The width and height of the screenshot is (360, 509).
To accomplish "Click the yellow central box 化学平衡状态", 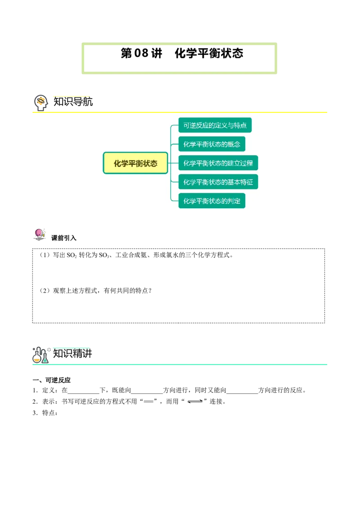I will pyautogui.click(x=135, y=163).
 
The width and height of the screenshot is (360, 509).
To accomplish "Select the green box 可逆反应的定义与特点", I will pyautogui.click(x=215, y=125).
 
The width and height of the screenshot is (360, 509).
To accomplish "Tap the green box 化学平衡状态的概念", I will pyautogui.click(x=211, y=144).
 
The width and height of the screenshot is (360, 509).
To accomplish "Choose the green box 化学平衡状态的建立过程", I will pyautogui.click(x=218, y=163).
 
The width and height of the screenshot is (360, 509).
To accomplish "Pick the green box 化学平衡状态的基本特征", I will pyautogui.click(x=218, y=182).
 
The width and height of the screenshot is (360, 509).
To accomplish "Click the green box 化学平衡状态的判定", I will pyautogui.click(x=211, y=201).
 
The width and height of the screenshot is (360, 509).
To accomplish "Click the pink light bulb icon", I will pyautogui.click(x=39, y=232).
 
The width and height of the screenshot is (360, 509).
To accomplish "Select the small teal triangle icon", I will pyautogui.click(x=45, y=360).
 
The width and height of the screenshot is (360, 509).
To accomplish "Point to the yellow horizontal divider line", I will pyautogui.click(x=180, y=113).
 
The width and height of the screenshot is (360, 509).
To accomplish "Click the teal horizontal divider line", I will pyautogui.click(x=180, y=365).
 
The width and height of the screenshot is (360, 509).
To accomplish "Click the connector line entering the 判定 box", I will pyautogui.click(x=175, y=201).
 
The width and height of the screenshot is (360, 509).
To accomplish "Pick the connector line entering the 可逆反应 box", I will pyautogui.click(x=175, y=125).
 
